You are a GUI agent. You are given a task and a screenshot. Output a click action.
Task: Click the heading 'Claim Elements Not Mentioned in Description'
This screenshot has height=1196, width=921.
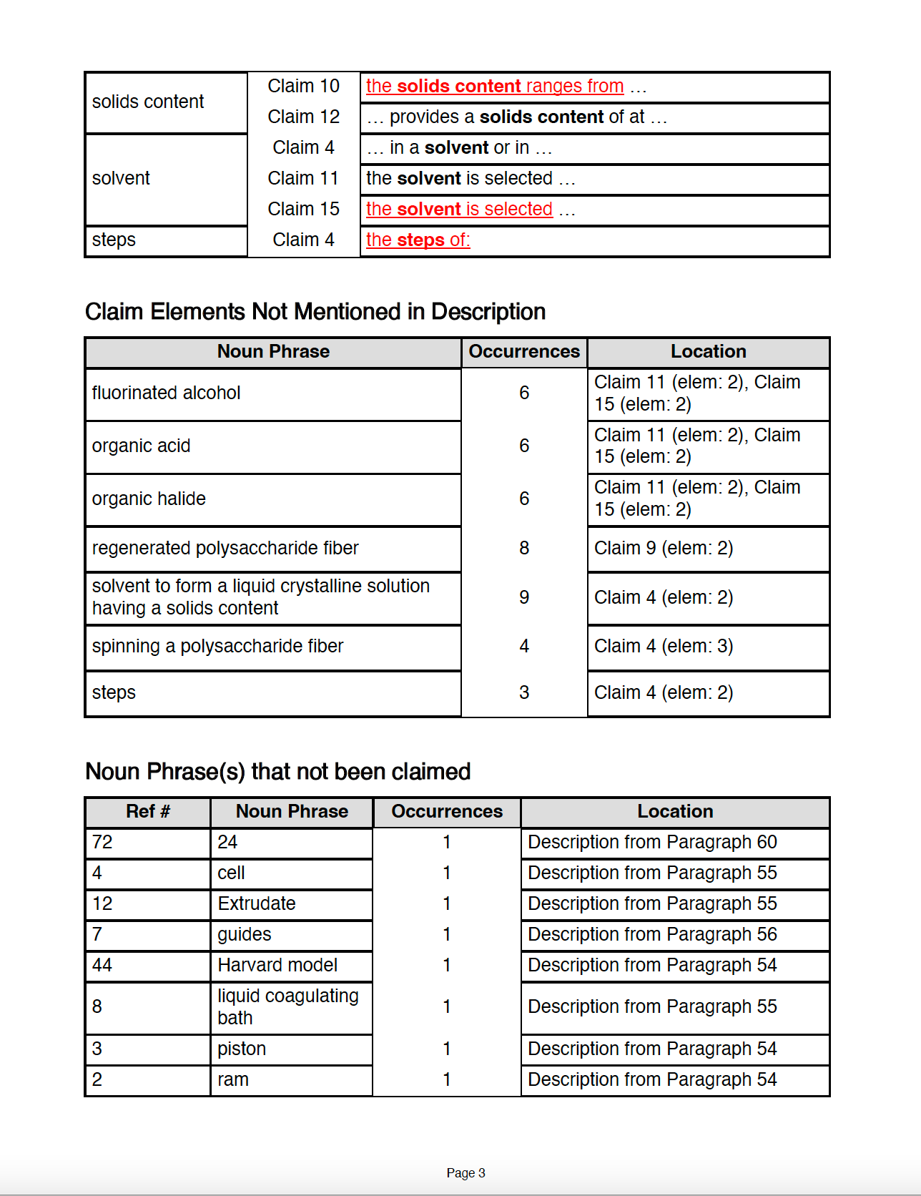pyautogui.click(x=315, y=312)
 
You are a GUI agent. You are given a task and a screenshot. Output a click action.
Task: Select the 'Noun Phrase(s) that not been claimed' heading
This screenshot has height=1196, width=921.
pyautogui.click(x=277, y=772)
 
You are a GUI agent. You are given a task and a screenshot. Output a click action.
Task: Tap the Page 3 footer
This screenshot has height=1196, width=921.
pyautogui.click(x=466, y=1172)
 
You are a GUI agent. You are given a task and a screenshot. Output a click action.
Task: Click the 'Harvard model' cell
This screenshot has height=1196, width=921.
pyautogui.click(x=277, y=965)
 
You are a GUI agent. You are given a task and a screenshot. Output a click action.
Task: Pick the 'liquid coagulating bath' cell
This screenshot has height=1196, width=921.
pyautogui.click(x=287, y=1006)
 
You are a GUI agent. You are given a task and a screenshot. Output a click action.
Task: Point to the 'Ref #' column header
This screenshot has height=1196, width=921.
pyautogui.click(x=148, y=811)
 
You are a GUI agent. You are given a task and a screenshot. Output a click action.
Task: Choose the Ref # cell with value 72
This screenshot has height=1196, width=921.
pyautogui.click(x=102, y=842)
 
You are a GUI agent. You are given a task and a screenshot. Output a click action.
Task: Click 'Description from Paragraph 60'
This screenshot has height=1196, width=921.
pyautogui.click(x=652, y=842)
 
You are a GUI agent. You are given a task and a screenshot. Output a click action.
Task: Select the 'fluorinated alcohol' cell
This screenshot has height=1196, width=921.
pyautogui.click(x=166, y=393)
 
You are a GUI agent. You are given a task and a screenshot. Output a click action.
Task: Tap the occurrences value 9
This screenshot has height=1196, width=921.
pyautogui.click(x=524, y=597)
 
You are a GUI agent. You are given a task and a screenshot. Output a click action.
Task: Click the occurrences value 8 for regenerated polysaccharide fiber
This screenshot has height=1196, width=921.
pyautogui.click(x=524, y=548)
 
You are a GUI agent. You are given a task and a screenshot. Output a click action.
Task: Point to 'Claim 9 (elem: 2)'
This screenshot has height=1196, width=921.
pyautogui.click(x=664, y=548)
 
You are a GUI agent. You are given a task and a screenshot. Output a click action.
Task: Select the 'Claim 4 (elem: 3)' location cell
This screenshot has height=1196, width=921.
pyautogui.click(x=664, y=646)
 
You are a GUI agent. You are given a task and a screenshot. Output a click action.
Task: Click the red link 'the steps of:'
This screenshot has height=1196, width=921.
pyautogui.click(x=418, y=240)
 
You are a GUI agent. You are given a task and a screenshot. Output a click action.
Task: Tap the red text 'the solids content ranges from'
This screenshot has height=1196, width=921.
pyautogui.click(x=495, y=86)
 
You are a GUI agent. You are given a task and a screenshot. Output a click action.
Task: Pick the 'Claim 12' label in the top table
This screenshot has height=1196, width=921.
pyautogui.click(x=303, y=117)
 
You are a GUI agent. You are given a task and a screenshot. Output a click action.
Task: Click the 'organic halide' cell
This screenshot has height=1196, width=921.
pyautogui.click(x=149, y=499)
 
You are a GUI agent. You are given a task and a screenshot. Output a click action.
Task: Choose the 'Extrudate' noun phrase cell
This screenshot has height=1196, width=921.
pyautogui.click(x=257, y=903)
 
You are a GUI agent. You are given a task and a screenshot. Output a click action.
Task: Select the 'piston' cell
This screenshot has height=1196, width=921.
pyautogui.click(x=242, y=1049)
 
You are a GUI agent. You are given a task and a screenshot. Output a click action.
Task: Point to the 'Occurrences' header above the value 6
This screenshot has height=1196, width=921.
pyautogui.click(x=524, y=351)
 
